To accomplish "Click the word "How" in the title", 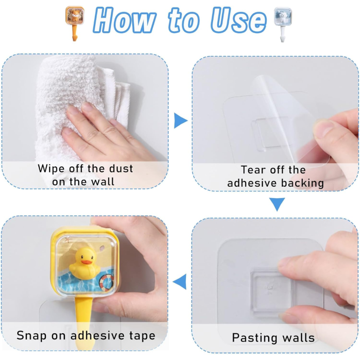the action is coord(125,20).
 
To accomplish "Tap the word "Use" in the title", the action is coord(239,20).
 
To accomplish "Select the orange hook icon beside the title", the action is coord(75,23).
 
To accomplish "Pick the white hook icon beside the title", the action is coord(283,24).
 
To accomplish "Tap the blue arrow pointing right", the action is coord(180,121).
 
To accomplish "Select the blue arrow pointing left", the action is coord(180,282).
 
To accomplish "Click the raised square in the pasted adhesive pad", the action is coord(271,291).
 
